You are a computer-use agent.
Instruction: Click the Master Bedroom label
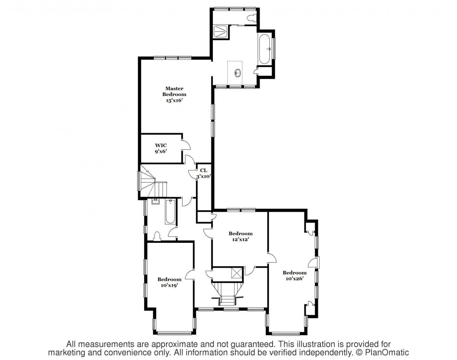coord(174,91)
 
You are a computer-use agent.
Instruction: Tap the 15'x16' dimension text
coord(174,101)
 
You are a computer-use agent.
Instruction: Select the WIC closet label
coord(161,146)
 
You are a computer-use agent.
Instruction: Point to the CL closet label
coord(204,170)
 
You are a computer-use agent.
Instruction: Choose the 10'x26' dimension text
coord(294,278)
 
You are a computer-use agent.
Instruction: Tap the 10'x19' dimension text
coord(169,285)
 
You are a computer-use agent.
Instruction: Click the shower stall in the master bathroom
coord(221,32)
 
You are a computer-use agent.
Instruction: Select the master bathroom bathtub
coord(264,49)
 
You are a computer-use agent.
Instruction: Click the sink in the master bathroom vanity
coord(237,73)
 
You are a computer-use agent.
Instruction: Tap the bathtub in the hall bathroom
coord(170,211)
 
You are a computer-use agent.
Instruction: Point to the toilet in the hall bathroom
coord(157,236)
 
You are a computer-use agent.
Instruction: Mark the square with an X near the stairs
coord(237,273)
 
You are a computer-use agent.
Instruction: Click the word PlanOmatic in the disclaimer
coord(387,352)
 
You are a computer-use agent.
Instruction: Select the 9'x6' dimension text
coord(161,151)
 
